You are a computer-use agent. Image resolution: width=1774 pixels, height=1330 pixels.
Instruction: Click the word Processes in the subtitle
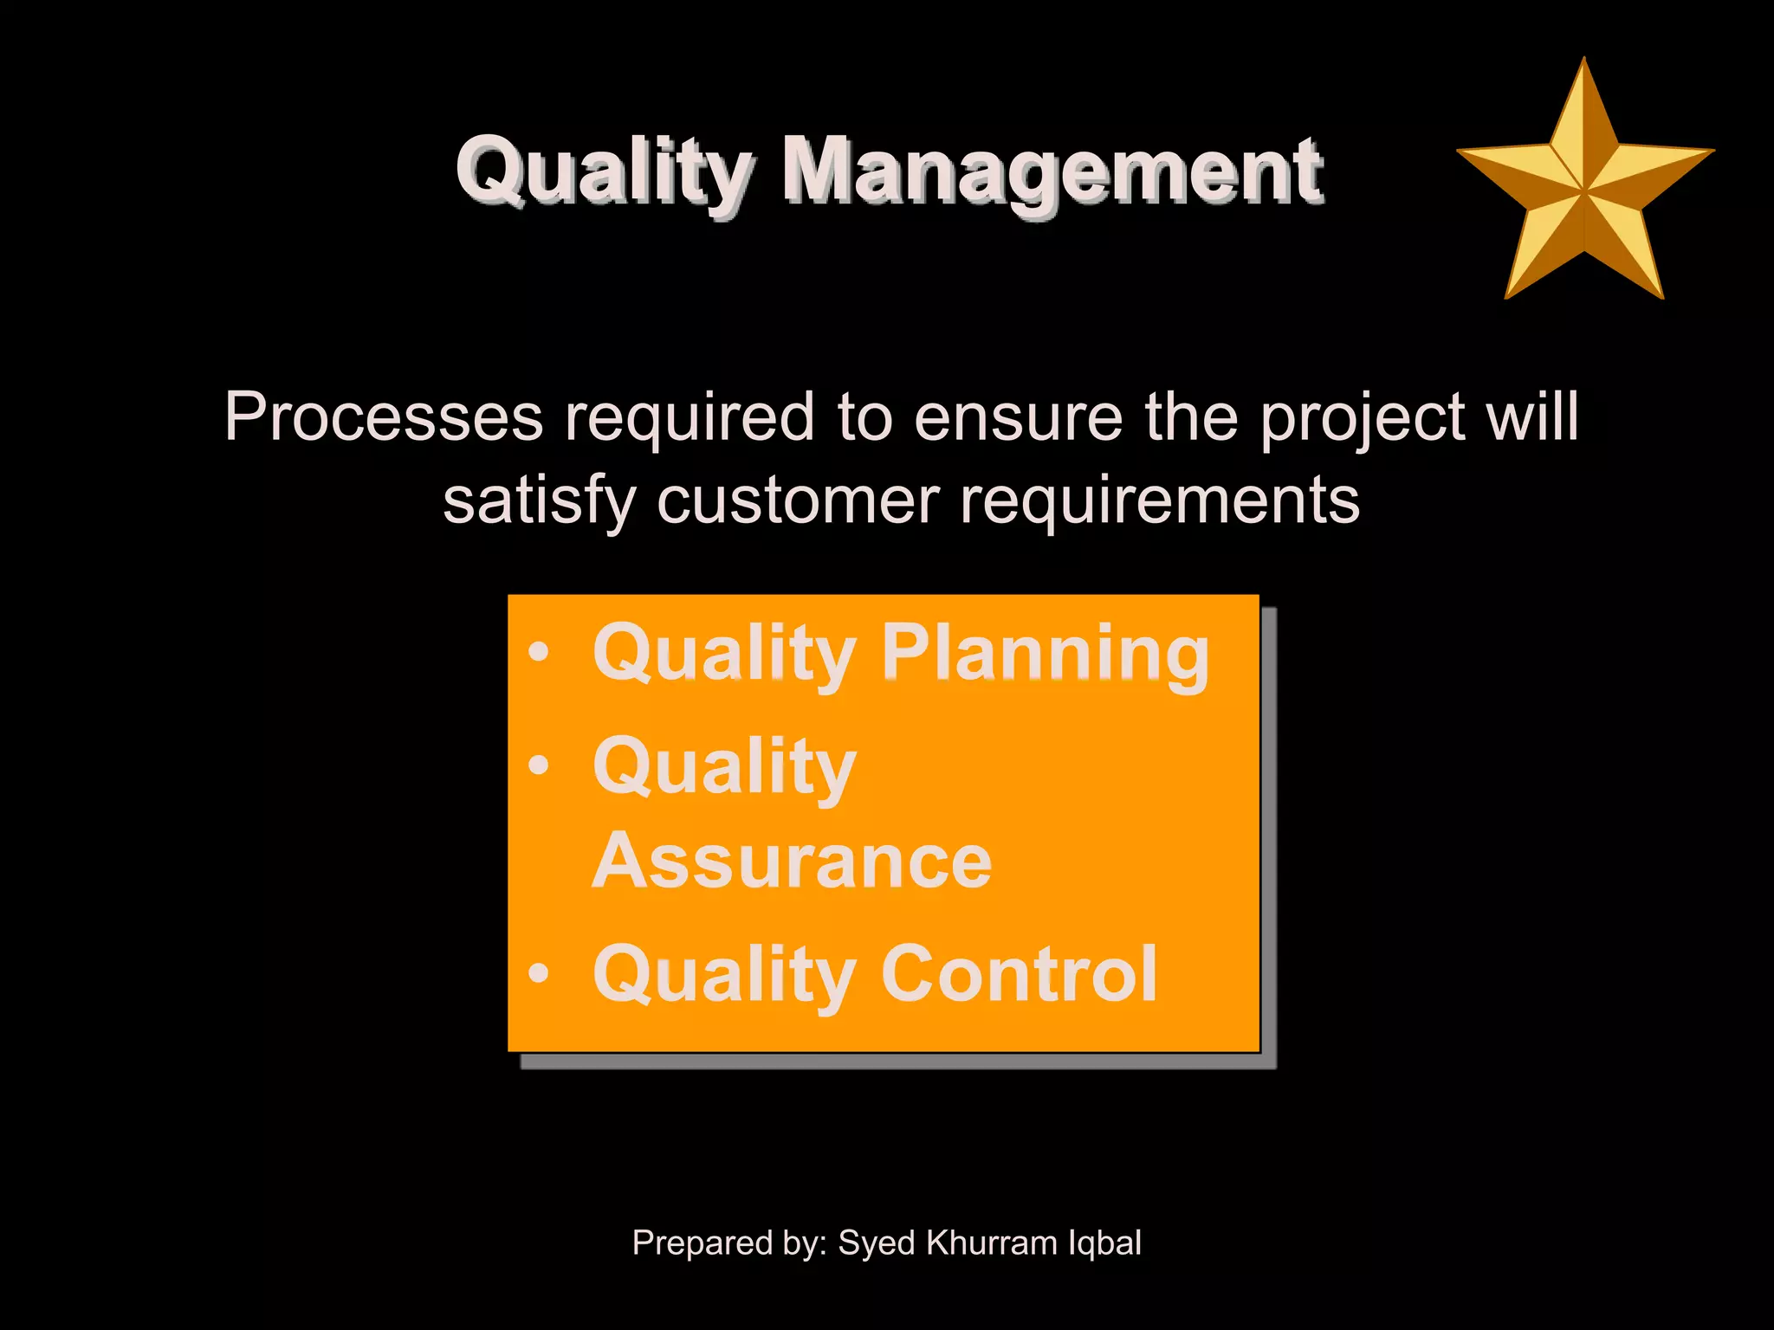click(x=384, y=416)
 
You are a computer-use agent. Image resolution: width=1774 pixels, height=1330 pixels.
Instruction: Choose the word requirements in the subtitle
click(x=1160, y=501)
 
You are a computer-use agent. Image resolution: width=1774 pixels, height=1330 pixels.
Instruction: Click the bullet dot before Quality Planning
click(x=539, y=652)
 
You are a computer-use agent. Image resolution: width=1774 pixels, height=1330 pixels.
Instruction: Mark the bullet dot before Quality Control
click(x=539, y=973)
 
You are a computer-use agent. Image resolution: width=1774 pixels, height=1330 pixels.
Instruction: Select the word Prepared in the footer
click(x=702, y=1243)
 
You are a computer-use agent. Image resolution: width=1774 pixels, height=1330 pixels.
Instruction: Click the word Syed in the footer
click(x=877, y=1243)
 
